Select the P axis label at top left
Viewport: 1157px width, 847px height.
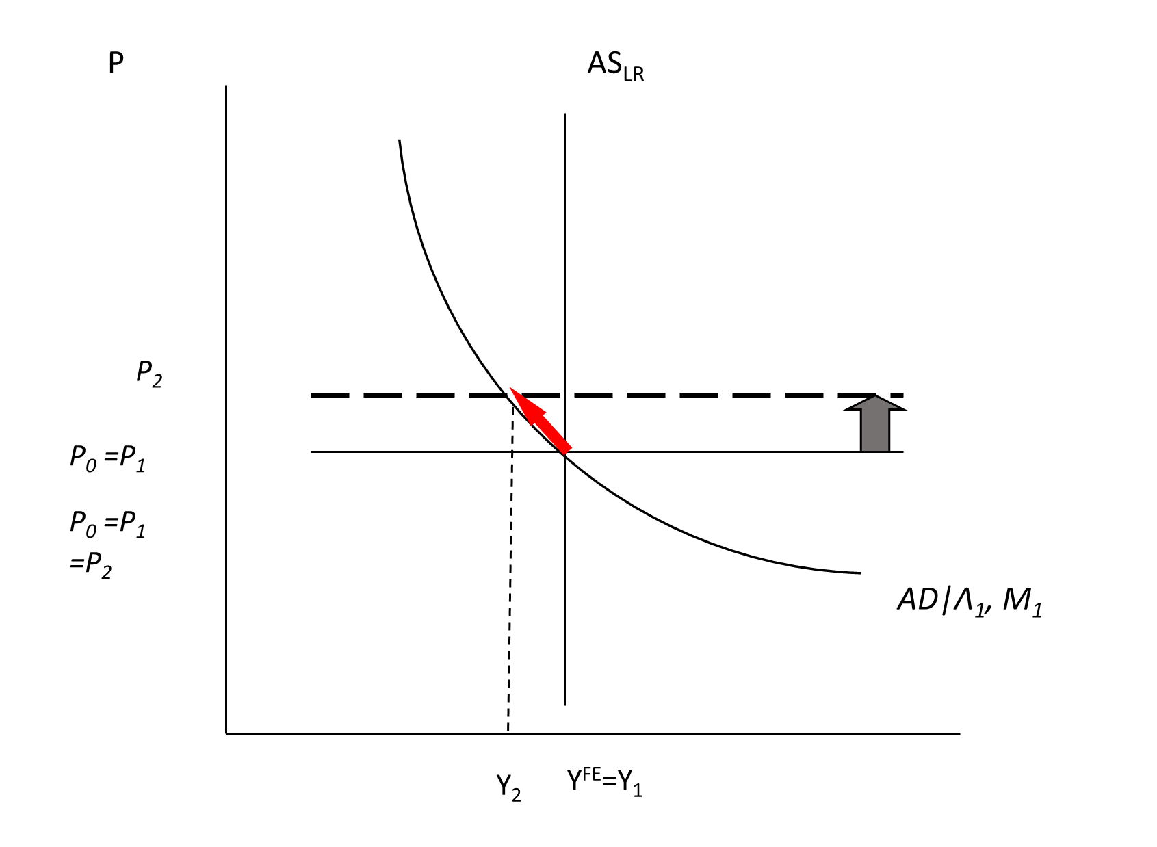[116, 64]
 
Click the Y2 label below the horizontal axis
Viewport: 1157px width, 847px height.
[508, 787]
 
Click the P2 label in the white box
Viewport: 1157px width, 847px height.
[150, 373]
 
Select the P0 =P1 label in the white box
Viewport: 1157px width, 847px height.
[108, 458]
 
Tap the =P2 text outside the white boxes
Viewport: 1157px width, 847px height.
[90, 566]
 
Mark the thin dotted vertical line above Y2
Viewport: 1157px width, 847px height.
[510, 582]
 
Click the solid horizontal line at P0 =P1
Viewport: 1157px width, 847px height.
[718, 452]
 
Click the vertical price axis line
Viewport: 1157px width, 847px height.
[226, 411]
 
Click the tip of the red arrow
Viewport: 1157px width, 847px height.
[510, 389]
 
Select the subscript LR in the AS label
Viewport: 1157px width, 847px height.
[634, 74]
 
